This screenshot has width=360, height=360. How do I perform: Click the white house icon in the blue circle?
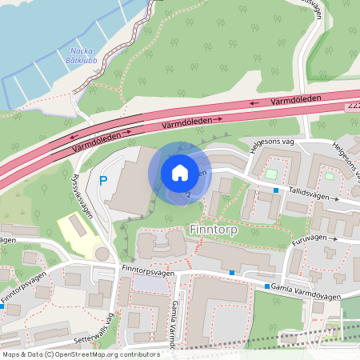click(x=179, y=172)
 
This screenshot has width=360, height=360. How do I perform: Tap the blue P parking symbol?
click(x=102, y=181)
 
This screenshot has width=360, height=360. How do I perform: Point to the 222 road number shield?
click(x=354, y=106)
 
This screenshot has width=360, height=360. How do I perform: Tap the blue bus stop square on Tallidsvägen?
click(x=276, y=190)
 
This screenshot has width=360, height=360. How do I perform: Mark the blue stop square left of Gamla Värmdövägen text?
click(x=267, y=286)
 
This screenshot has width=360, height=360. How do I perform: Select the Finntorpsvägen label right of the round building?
click(x=149, y=271)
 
